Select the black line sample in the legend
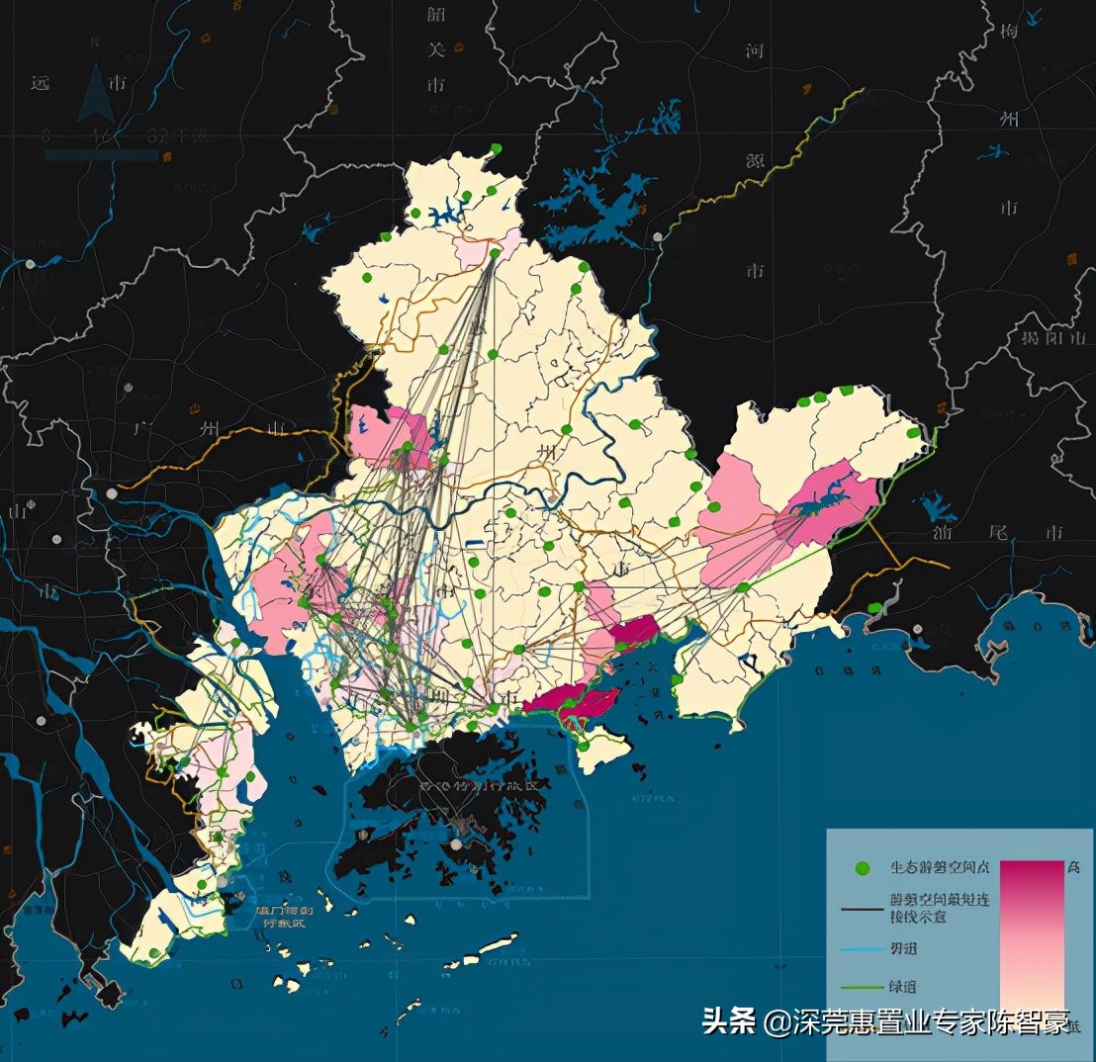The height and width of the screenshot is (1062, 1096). click(862, 908)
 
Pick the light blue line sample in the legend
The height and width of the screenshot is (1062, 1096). click(862, 946)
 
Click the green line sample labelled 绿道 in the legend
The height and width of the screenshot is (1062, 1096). click(862, 985)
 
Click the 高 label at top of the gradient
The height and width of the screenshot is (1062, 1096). click(1073, 866)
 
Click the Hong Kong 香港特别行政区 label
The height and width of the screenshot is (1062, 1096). click(480, 785)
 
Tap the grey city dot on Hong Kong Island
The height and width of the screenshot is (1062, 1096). click(456, 844)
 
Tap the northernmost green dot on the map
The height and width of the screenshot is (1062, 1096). click(496, 148)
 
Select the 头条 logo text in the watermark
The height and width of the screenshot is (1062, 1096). click(728, 1021)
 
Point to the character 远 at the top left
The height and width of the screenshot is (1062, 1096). click(41, 83)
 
